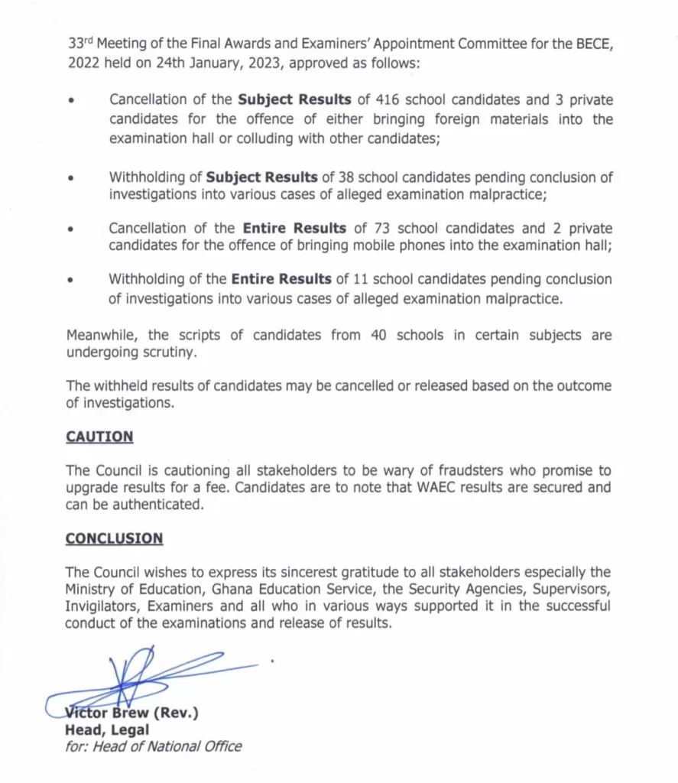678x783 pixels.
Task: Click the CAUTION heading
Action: coord(99,437)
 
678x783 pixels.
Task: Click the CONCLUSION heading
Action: coord(114,538)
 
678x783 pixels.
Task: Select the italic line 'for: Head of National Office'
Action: coord(153,746)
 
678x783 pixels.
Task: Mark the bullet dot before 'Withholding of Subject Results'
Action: coord(71,178)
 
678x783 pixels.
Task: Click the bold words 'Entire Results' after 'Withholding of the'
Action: coord(281,279)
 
